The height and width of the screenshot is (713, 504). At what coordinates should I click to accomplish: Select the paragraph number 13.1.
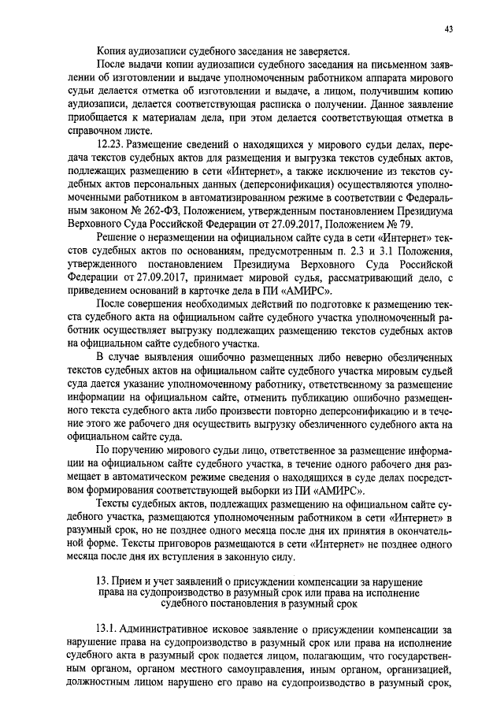(x=107, y=629)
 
